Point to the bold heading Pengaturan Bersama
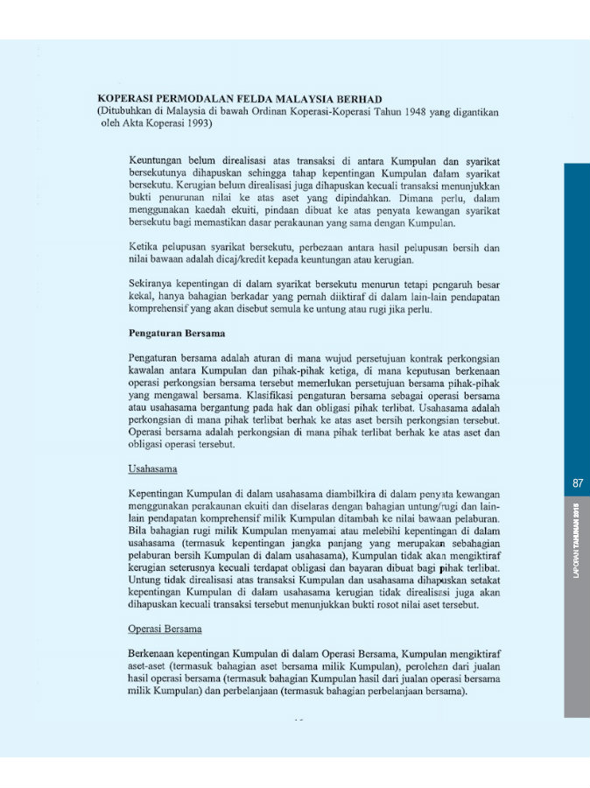[x=177, y=334]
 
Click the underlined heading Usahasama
[x=152, y=469]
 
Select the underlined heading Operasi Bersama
[x=165, y=629]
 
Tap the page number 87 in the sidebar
[x=578, y=482]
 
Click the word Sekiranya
[x=153, y=285]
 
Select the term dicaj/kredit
[x=235, y=260]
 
